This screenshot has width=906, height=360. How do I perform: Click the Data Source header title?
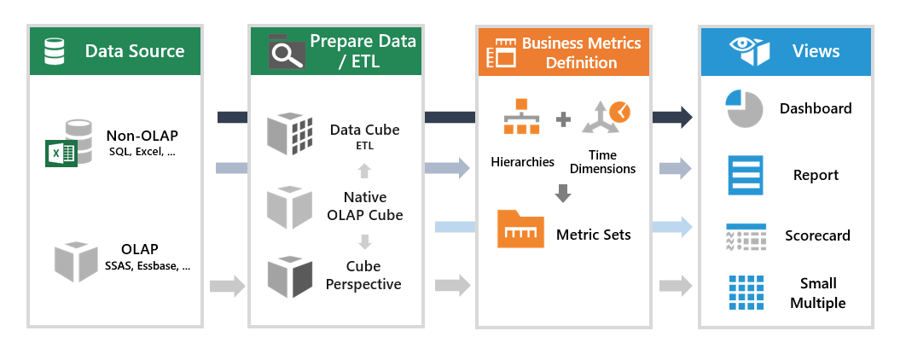pyautogui.click(x=134, y=50)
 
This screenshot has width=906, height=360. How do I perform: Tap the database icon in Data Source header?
pyautogui.click(x=55, y=50)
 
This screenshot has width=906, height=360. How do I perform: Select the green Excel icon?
pyautogui.click(x=61, y=154)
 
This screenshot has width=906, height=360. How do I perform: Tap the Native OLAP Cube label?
pyautogui.click(x=365, y=205)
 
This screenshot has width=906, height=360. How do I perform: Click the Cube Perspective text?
pyautogui.click(x=363, y=275)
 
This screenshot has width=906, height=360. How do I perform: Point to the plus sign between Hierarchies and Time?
pyautogui.click(x=563, y=119)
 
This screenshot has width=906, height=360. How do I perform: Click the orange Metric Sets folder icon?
pyautogui.click(x=520, y=229)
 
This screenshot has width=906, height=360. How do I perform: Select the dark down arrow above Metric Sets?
pyautogui.click(x=563, y=194)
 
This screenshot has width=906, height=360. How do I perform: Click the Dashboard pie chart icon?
pyautogui.click(x=744, y=109)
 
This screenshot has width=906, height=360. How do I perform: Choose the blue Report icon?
pyautogui.click(x=744, y=175)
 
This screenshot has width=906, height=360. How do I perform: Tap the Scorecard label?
pyautogui.click(x=817, y=235)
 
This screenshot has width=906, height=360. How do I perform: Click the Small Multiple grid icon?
pyautogui.click(x=744, y=293)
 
